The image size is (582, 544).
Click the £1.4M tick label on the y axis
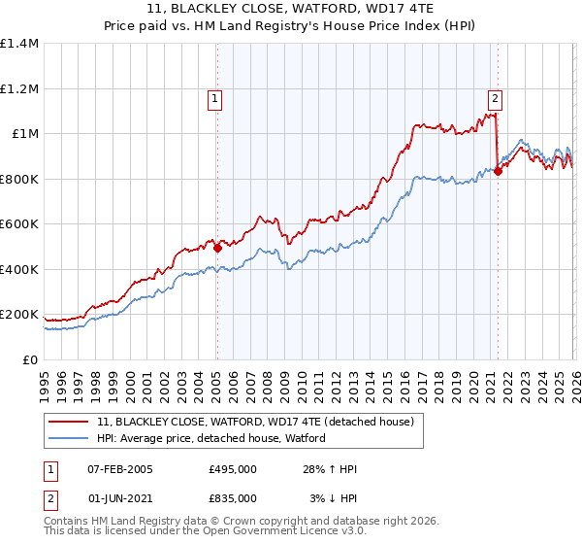point(19,44)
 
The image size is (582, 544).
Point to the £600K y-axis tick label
point(19,224)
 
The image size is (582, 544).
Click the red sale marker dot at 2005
point(217,248)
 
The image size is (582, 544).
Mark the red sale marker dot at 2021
point(498,171)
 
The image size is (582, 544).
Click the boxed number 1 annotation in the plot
point(213,97)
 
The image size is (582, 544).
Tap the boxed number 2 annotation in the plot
point(495,97)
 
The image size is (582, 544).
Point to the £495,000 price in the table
point(233,469)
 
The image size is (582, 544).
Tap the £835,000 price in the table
point(233,497)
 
